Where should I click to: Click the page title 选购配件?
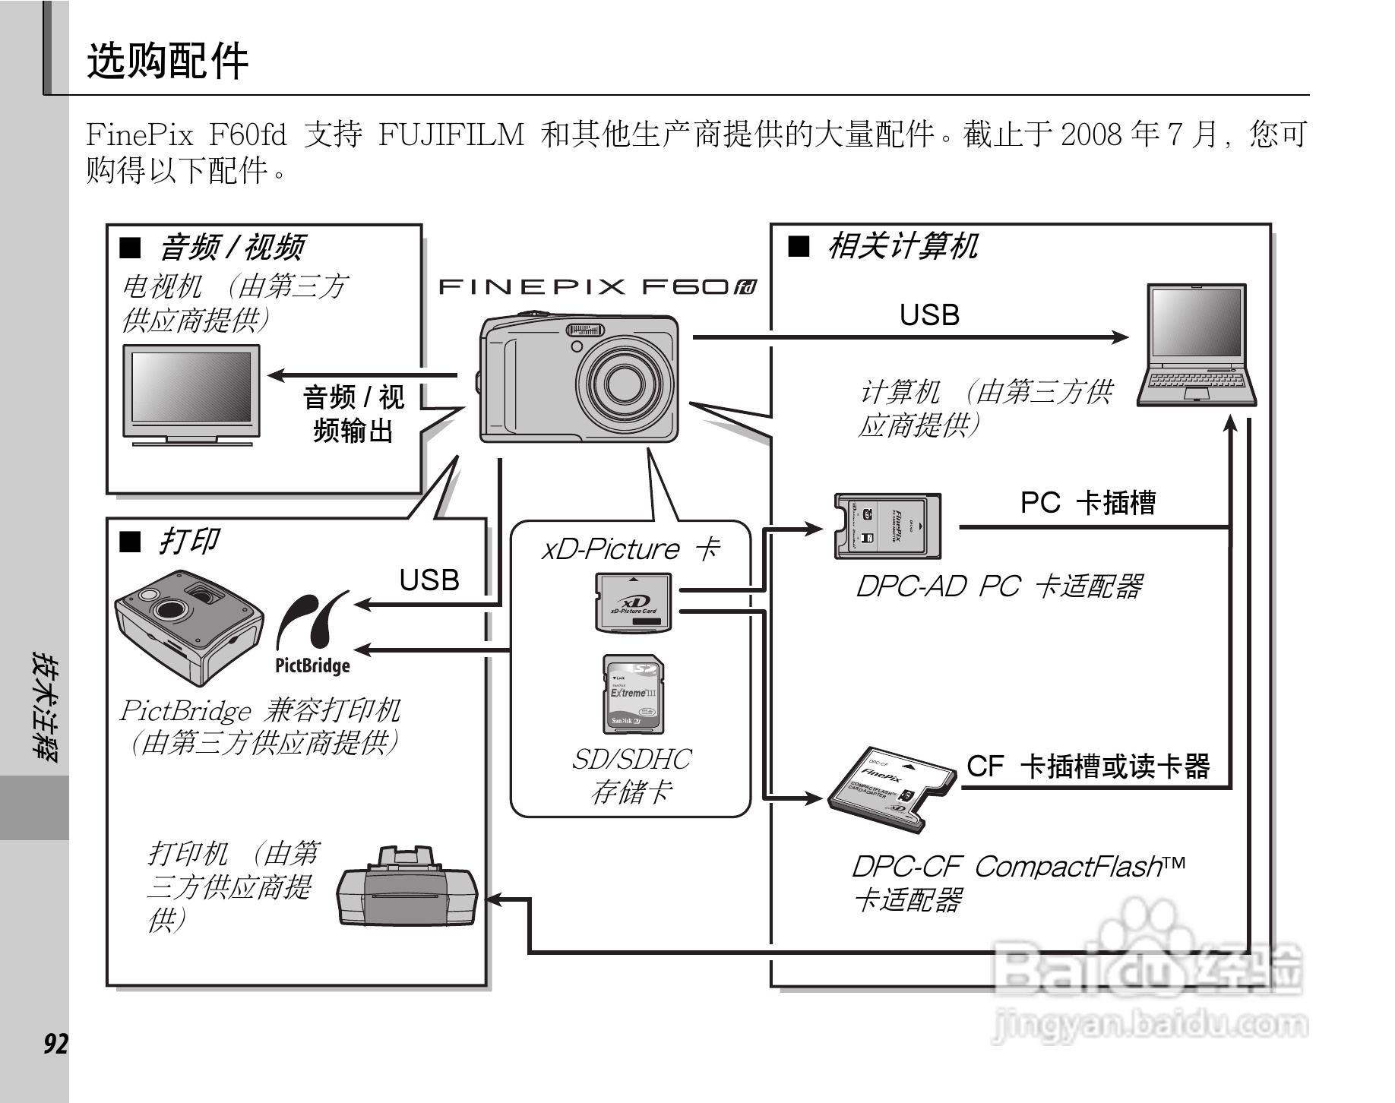167,61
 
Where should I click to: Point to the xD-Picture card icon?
634,602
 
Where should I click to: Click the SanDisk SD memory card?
633,694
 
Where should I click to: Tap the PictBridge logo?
312,634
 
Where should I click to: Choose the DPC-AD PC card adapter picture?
887,526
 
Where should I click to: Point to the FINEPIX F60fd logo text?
597,286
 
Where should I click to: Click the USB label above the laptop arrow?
929,315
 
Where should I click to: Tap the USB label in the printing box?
429,580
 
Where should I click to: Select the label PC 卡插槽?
1087,503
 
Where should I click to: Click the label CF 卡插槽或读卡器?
1088,766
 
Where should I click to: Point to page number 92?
55,1045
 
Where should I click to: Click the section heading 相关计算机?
902,246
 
